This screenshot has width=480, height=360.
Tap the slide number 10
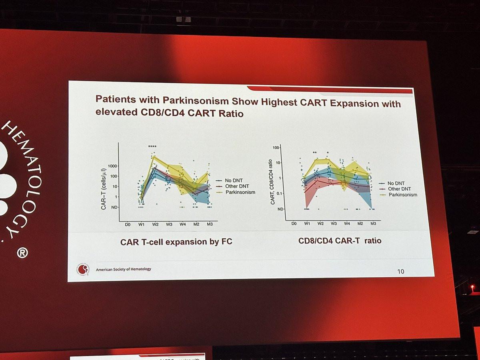tap(400, 271)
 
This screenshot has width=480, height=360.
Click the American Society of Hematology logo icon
tap(84, 269)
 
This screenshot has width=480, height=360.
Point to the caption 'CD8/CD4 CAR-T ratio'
tap(340, 241)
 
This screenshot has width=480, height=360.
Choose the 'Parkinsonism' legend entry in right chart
tap(403, 195)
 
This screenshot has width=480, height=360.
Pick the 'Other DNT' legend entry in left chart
tap(234, 186)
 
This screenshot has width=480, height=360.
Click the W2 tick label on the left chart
tap(155, 224)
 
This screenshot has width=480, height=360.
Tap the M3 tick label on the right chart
tap(373, 223)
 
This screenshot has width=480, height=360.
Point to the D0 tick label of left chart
tap(128, 224)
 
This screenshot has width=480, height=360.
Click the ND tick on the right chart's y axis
tap(281, 209)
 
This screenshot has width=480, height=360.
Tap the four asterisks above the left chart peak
tap(152, 146)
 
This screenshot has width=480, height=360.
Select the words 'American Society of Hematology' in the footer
tap(124, 269)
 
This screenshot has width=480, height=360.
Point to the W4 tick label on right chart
tap(347, 223)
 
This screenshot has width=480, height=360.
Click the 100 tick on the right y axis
tap(276, 148)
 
